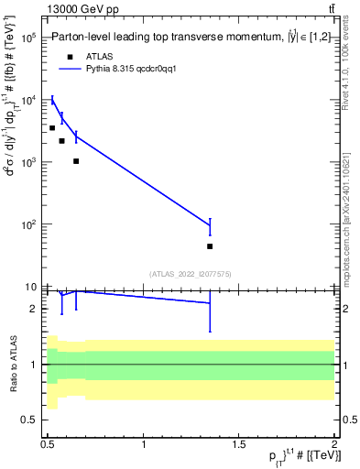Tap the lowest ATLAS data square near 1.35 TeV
pos(210,246)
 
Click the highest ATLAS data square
pos(52,127)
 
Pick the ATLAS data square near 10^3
pos(76,161)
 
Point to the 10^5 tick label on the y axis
pos(28,38)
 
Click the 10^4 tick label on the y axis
pos(28,101)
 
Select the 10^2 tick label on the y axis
pos(28,224)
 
